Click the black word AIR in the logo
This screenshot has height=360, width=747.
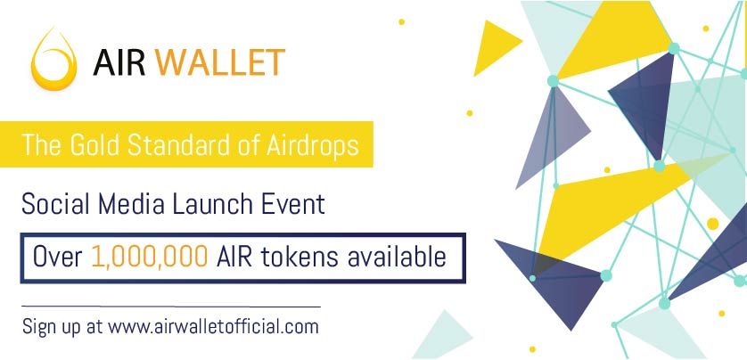pos(119,62)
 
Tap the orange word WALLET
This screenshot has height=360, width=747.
pos(220,62)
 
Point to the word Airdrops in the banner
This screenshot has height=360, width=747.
pos(313,144)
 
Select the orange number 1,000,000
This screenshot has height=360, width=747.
pos(149,257)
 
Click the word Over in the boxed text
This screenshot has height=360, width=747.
pos(58,257)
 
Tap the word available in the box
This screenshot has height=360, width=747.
pos(397,257)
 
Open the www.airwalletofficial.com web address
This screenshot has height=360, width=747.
pos(213,327)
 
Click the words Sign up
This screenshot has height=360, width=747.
pos(53,328)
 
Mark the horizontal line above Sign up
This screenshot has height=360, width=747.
pos(171,307)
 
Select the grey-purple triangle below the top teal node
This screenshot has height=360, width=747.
pos(553,138)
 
